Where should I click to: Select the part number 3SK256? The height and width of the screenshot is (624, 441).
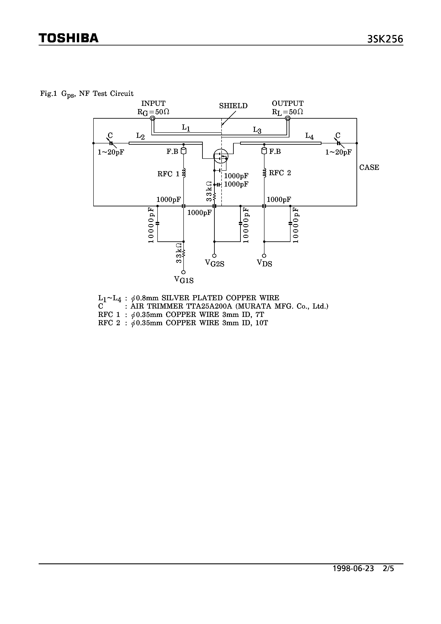[385, 39]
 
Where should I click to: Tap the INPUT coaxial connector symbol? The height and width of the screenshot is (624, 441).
[153, 118]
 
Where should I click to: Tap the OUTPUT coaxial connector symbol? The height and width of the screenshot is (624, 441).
[288, 118]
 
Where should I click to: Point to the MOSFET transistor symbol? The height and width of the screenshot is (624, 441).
[220, 156]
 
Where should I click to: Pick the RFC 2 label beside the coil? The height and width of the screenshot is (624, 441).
[280, 173]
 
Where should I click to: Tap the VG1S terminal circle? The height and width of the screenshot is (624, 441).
[184, 272]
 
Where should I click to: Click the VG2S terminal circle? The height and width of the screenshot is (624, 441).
[214, 256]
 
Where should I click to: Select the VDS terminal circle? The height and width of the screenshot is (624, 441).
[264, 256]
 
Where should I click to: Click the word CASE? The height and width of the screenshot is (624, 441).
[369, 167]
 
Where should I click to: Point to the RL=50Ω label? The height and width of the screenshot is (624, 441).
[287, 112]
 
